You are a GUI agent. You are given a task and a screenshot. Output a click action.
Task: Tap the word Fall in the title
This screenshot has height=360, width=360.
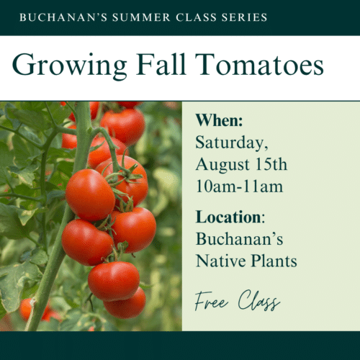click(161, 64)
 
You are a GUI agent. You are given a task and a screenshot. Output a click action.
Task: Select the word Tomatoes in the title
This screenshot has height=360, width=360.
click(259, 64)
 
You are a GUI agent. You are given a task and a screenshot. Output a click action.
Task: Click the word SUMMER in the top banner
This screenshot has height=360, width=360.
click(141, 17)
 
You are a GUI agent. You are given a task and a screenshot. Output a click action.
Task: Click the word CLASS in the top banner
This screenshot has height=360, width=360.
click(196, 17)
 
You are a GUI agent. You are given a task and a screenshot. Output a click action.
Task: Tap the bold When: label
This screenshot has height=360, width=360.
click(219, 120)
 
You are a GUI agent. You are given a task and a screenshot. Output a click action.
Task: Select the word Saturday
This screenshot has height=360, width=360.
click(230, 143)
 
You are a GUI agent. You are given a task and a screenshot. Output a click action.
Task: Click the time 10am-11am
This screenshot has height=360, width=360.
click(239, 186)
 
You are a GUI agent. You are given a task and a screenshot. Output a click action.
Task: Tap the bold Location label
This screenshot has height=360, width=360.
click(228, 217)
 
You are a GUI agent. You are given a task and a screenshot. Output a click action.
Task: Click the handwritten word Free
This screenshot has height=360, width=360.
click(211, 301)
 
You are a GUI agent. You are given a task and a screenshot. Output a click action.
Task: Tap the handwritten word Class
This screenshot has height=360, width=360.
click(259, 300)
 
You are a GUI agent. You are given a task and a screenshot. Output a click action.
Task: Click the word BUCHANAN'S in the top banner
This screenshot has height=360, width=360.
click(63, 17)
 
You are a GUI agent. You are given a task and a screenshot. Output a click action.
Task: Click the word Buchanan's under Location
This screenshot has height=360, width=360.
click(239, 239)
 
